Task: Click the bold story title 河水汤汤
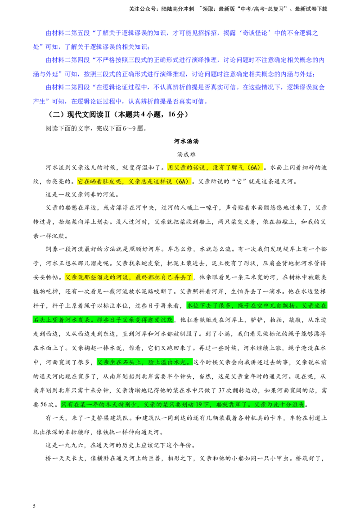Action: [186, 141]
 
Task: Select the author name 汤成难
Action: [186, 155]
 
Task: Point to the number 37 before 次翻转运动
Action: [221, 390]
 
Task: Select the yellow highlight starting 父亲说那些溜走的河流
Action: [129, 277]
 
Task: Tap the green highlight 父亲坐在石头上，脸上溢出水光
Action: [144, 362]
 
